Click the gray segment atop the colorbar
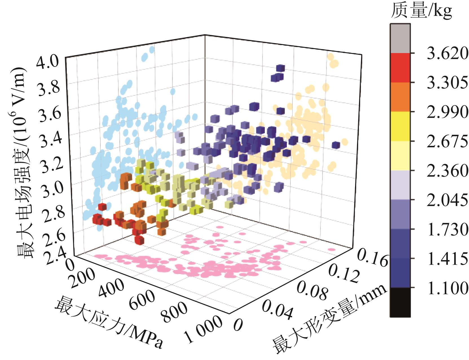point(400,38)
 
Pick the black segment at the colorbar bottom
point(400,302)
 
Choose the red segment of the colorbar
point(400,68)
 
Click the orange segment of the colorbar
point(400,97)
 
